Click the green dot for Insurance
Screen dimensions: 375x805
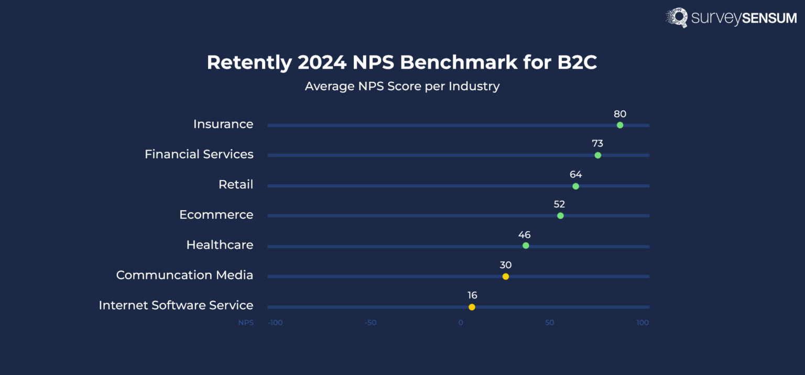pos(620,125)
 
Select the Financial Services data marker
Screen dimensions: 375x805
pos(597,155)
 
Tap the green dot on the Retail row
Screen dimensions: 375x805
pos(575,186)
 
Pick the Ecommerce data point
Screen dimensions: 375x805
pos(560,216)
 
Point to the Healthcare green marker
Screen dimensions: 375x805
pos(526,245)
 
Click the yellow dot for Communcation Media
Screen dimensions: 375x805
pos(505,276)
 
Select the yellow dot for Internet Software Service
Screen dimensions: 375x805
pos(472,307)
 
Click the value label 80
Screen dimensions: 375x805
pos(620,114)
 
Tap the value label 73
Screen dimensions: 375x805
pos(597,144)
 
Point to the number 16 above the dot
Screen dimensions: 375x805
pos(472,295)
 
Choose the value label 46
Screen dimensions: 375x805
pos(524,234)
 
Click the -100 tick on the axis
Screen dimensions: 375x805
pos(275,323)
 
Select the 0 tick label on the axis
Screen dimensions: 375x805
pos(461,323)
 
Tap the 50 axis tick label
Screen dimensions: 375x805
pos(549,323)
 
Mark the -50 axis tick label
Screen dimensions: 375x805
pos(371,323)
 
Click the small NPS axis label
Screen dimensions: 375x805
pos(246,323)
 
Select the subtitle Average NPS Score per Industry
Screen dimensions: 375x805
pos(402,86)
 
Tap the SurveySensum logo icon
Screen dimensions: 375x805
pos(677,17)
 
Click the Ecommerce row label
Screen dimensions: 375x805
pos(216,215)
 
